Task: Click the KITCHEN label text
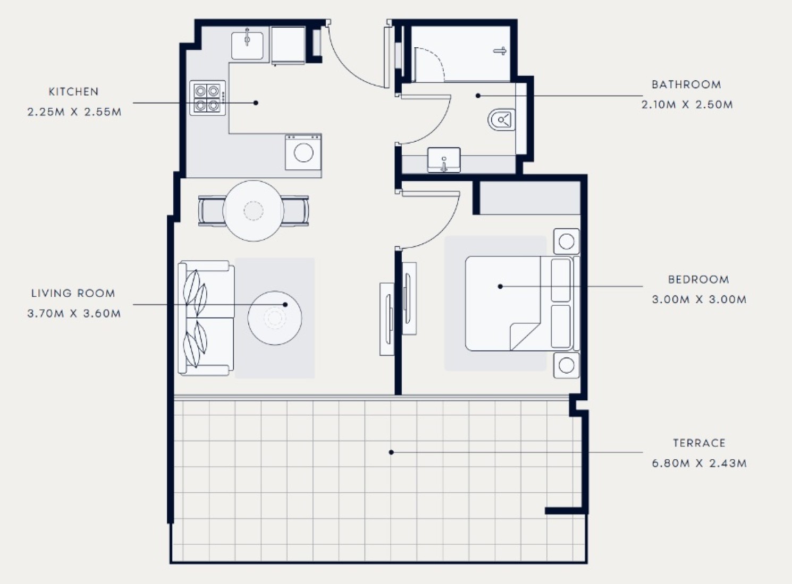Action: [73, 92]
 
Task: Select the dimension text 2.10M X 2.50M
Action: [687, 105]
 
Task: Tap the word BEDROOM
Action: [698, 279]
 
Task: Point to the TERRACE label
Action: [699, 443]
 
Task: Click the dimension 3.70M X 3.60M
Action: [74, 313]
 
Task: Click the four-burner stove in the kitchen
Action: [207, 98]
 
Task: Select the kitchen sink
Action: [247, 46]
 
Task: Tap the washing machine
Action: [303, 152]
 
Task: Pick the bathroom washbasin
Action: [444, 160]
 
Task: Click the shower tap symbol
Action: [500, 51]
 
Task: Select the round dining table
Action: [254, 211]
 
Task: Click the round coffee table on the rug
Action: [275, 318]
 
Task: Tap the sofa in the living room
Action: [206, 318]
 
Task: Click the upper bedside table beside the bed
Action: [566, 242]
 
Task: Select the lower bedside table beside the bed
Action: [566, 365]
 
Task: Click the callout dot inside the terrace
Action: [391, 452]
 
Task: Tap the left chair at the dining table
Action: [211, 211]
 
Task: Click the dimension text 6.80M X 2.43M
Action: [699, 463]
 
